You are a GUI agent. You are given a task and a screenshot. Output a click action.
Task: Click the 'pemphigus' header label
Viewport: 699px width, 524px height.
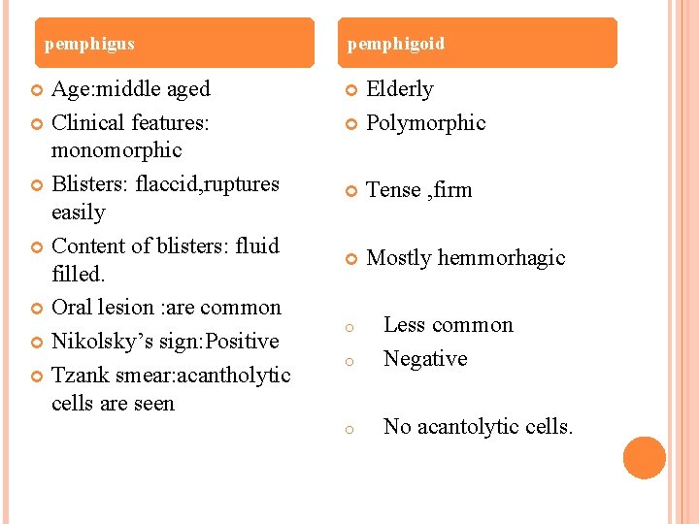tap(89, 45)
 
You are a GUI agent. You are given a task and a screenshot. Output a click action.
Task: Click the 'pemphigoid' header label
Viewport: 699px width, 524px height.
tap(396, 45)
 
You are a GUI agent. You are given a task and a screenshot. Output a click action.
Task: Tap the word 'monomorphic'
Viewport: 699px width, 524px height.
tap(116, 150)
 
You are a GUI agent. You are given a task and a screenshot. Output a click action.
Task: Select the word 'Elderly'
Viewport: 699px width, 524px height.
tap(400, 89)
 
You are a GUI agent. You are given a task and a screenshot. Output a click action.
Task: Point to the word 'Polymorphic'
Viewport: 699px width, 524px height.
tap(426, 123)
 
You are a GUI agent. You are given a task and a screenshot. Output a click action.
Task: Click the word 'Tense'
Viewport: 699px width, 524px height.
tap(393, 190)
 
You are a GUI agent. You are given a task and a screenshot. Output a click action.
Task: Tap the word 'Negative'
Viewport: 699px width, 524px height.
tap(425, 359)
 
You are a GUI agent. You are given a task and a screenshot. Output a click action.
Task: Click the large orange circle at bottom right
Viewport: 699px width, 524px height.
tap(645, 458)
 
